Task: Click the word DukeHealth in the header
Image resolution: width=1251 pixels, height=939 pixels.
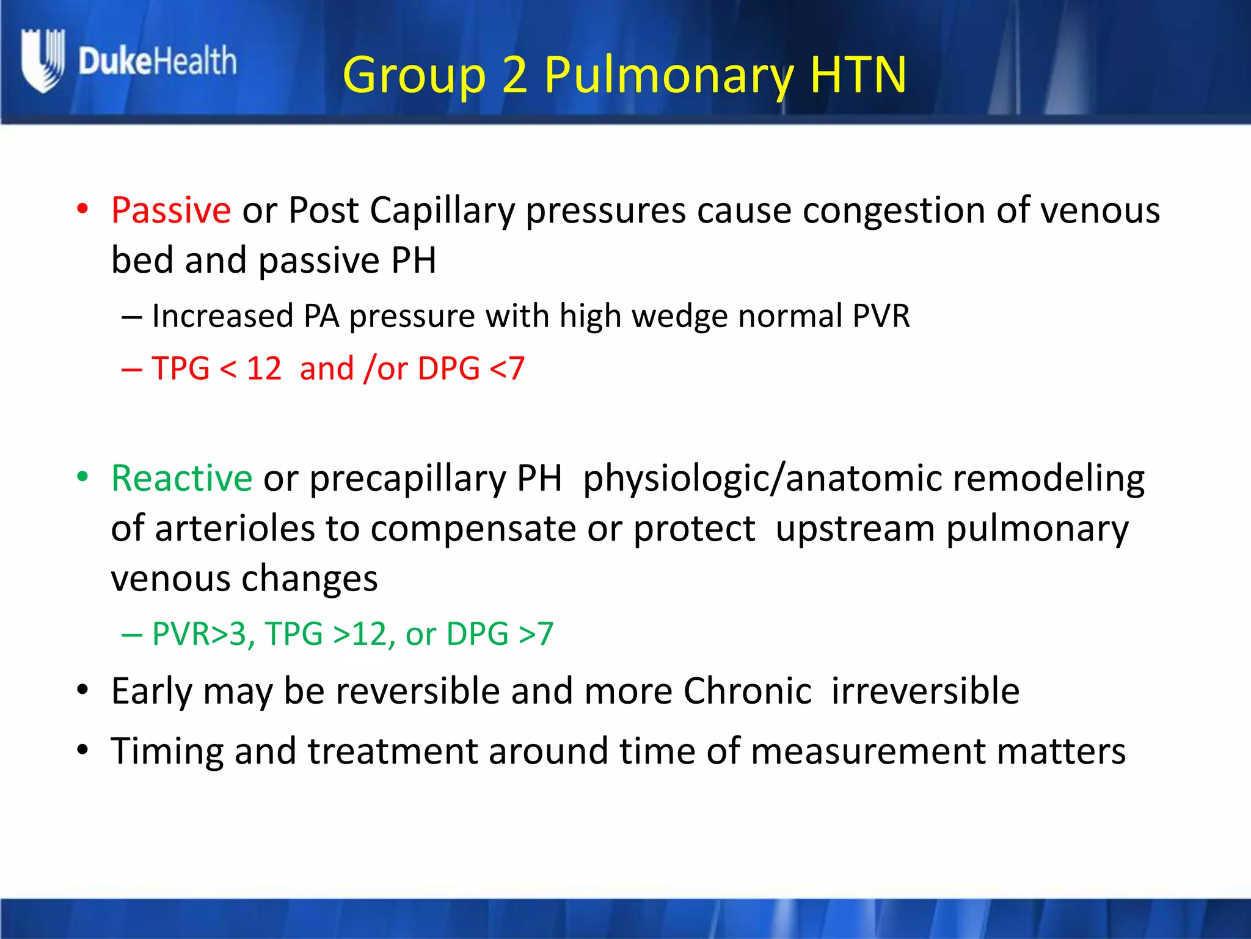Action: [157, 61]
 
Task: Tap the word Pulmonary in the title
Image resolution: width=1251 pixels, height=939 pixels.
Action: [669, 75]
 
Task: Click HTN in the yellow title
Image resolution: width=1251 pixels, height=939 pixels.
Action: [858, 75]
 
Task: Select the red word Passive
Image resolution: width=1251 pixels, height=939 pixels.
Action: [171, 210]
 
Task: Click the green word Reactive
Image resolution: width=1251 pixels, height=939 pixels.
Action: [181, 478]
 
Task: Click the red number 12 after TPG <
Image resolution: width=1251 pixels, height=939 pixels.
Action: [264, 369]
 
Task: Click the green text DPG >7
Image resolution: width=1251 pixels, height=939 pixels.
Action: [500, 634]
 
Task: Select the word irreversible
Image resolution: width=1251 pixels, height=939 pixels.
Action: [925, 691]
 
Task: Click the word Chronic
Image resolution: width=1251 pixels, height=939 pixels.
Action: [747, 691]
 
